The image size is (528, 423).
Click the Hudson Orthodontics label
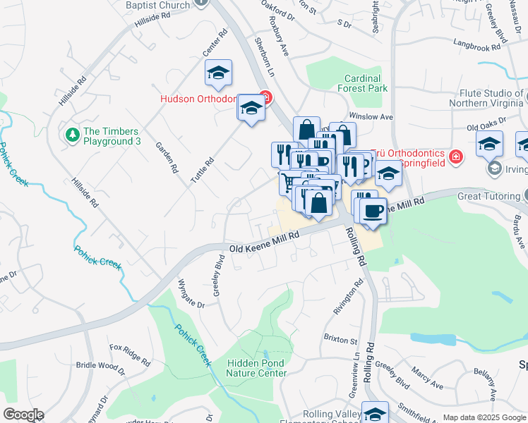[x=197, y=99]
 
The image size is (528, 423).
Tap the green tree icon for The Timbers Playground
[x=71, y=134]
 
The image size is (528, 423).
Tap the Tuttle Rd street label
[x=201, y=169]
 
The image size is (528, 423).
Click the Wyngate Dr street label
[x=191, y=295]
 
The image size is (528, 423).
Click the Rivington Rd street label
[x=348, y=296]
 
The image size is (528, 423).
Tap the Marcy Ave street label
[x=428, y=381]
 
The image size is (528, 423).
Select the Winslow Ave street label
[x=371, y=117]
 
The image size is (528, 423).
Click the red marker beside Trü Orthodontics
[x=456, y=156]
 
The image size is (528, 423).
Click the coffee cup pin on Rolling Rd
[x=373, y=211]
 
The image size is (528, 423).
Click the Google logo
[x=23, y=415]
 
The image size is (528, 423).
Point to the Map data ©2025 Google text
[x=484, y=417]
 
